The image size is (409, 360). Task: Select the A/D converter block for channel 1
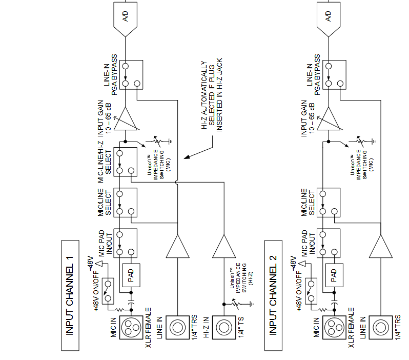pyautogui.click(x=126, y=17)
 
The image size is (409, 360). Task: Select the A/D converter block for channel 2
pyautogui.click(x=329, y=17)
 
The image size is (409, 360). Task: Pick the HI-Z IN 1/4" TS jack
pyautogui.click(x=223, y=327)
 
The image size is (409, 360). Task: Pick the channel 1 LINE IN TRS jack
pyautogui.click(x=177, y=327)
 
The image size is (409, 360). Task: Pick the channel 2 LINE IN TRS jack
pyautogui.click(x=380, y=327)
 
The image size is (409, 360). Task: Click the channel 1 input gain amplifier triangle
pyautogui.click(x=126, y=119)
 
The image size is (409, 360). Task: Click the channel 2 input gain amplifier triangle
pyautogui.click(x=329, y=119)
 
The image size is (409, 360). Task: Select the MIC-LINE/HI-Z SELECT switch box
pyautogui.click(x=125, y=162)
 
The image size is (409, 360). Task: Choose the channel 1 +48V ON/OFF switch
pyautogui.click(x=108, y=290)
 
